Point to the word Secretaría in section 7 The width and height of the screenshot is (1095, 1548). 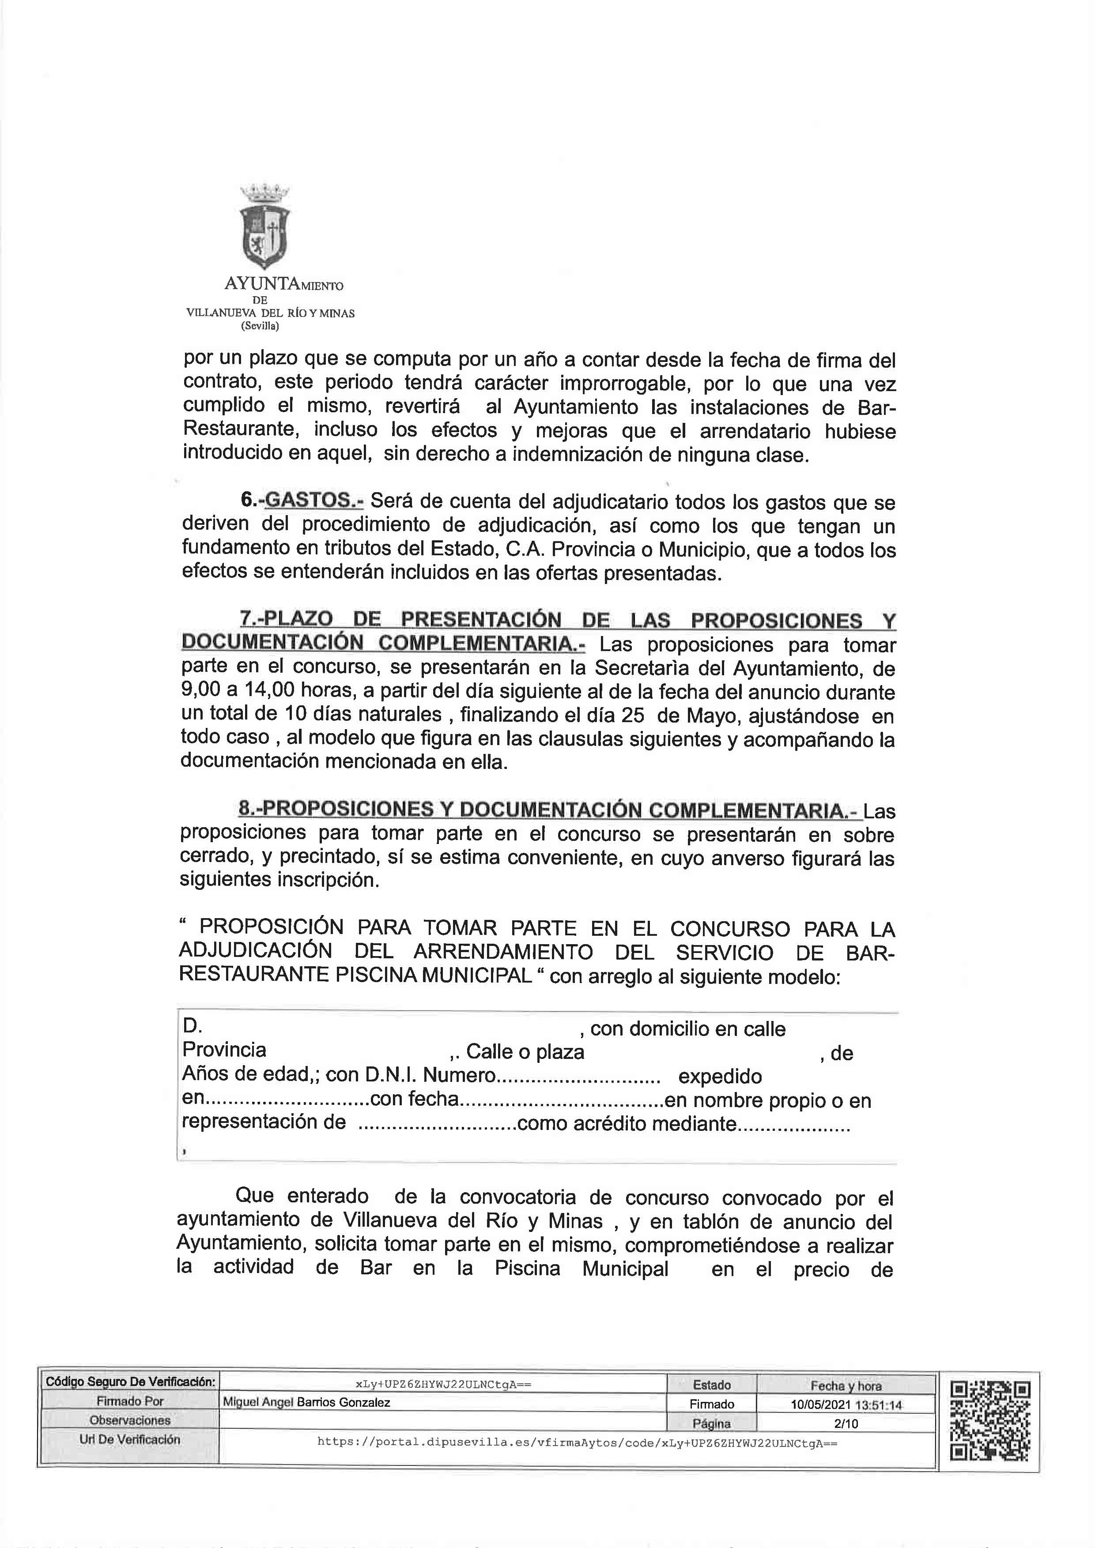coord(637,668)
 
